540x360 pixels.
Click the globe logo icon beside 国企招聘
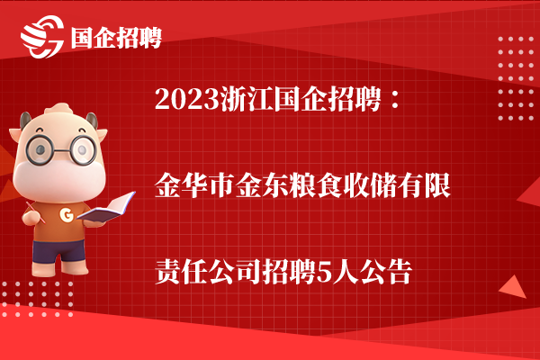pos(42,37)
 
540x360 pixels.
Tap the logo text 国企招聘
pos(116,38)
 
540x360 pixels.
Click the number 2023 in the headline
pos(187,99)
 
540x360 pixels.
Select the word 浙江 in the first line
pos(247,99)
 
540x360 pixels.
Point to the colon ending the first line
pos(396,99)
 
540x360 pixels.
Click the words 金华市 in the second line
pos(195,186)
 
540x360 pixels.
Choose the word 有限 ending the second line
pos(424,186)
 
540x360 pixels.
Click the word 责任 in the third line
pos(182,272)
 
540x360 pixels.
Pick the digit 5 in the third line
pos(323,273)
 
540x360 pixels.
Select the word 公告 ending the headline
pos(386,272)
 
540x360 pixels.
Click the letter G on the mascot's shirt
pos(67,214)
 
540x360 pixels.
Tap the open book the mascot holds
pos(106,207)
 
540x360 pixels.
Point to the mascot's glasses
pos(61,149)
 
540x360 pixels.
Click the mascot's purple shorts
pos(58,250)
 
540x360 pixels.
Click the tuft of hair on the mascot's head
pos(59,109)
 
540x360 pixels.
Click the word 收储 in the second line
pos(370,186)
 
